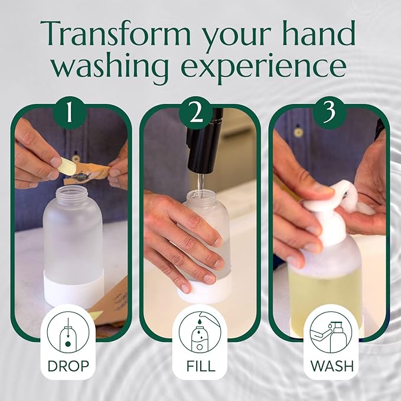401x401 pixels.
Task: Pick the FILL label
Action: pos(200,366)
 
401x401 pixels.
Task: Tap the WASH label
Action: pos(331,366)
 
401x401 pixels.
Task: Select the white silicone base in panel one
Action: pos(74,289)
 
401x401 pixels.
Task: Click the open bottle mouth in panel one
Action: pos(72,192)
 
